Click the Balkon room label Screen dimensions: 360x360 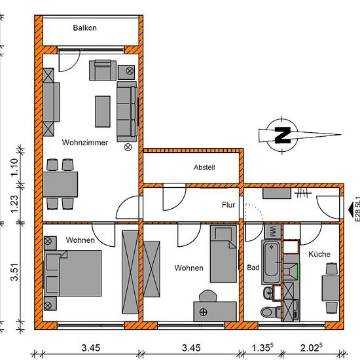(x=84, y=28)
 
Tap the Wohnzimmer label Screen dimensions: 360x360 (x=84, y=142)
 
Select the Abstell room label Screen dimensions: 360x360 (x=204, y=168)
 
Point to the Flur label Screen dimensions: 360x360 (x=228, y=205)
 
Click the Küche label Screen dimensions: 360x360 (x=319, y=254)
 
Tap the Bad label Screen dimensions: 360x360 (x=253, y=267)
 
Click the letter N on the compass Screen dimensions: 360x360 (x=283, y=135)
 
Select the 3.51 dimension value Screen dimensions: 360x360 (x=14, y=272)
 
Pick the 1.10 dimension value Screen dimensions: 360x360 (x=14, y=167)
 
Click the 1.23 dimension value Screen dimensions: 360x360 (x=14, y=204)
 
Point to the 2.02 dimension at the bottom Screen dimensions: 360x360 (x=311, y=348)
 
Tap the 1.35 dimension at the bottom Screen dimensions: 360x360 (x=262, y=348)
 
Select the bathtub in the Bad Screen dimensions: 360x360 (x=271, y=262)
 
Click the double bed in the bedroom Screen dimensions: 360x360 (x=73, y=273)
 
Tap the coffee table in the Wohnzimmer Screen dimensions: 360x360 (x=103, y=111)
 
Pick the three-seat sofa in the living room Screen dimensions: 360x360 (x=127, y=111)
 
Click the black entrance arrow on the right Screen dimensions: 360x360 (x=351, y=209)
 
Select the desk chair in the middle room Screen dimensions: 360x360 (x=208, y=295)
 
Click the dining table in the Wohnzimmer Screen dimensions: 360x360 (x=60, y=184)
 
